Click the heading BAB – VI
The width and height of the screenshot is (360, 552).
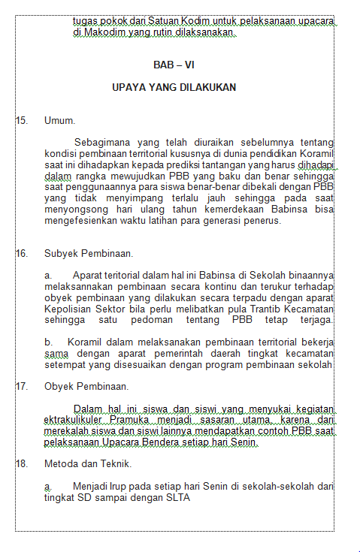pos(174,65)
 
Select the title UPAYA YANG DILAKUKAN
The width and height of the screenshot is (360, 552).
pos(174,87)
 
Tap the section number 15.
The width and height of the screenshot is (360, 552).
pos(21,120)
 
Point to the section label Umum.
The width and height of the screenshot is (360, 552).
pos(59,120)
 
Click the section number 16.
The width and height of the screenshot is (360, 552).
pos(21,253)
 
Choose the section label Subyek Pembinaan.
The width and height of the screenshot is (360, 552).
pos(89,253)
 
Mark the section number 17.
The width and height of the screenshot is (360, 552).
pos(21,387)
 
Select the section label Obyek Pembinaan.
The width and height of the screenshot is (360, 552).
pos(86,387)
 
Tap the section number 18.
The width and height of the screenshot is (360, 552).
pos(21,463)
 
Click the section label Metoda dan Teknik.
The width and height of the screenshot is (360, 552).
pos(88,463)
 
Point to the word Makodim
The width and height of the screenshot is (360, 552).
pos(107,33)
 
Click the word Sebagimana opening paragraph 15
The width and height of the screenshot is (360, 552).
pos(105,141)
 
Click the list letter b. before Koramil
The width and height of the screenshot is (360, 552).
pos(49,342)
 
